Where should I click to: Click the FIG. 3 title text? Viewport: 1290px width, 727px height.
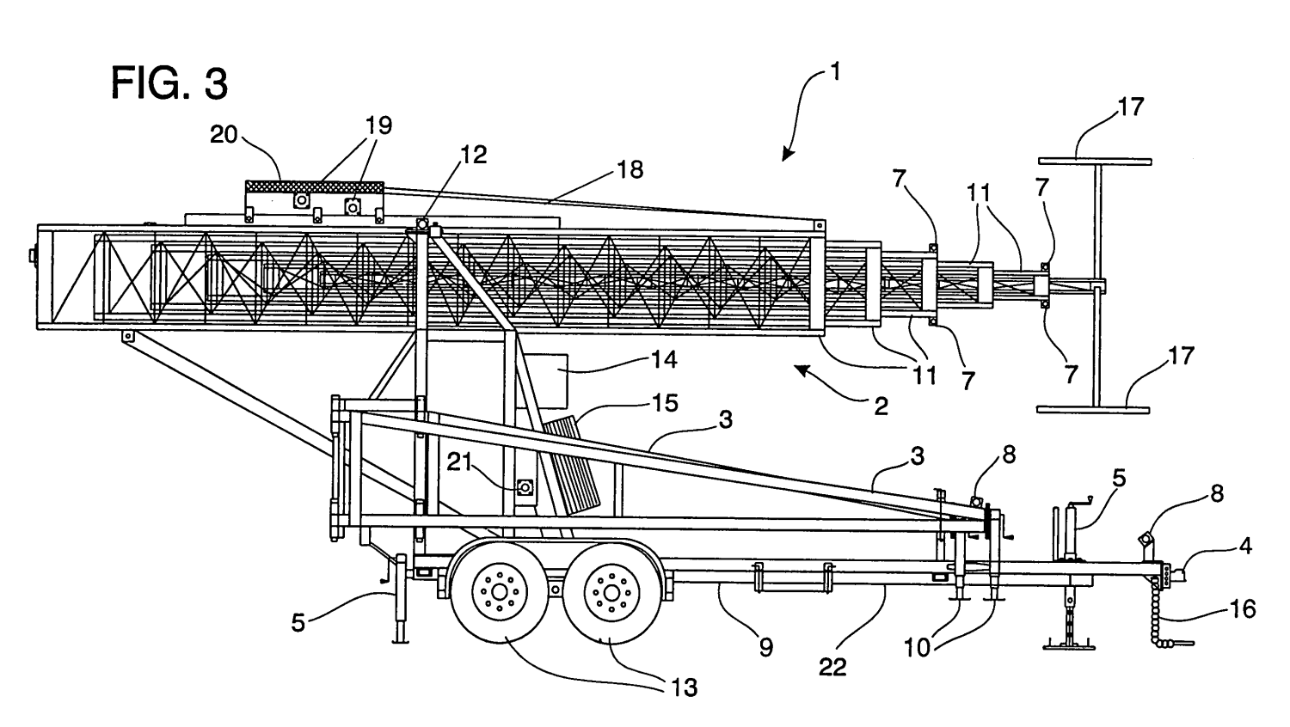click(170, 84)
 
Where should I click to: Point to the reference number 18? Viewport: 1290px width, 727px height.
click(630, 169)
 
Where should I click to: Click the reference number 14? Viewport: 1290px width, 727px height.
click(664, 358)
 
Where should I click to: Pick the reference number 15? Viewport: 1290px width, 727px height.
click(665, 402)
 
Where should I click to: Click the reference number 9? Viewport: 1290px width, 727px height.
click(765, 647)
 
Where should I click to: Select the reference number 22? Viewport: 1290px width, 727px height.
click(833, 667)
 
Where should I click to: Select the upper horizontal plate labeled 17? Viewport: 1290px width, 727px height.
click(1095, 160)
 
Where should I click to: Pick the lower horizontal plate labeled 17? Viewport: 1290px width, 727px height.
click(1093, 410)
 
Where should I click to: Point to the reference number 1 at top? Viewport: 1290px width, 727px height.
click(833, 72)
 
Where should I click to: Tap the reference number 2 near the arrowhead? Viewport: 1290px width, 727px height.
click(880, 406)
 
